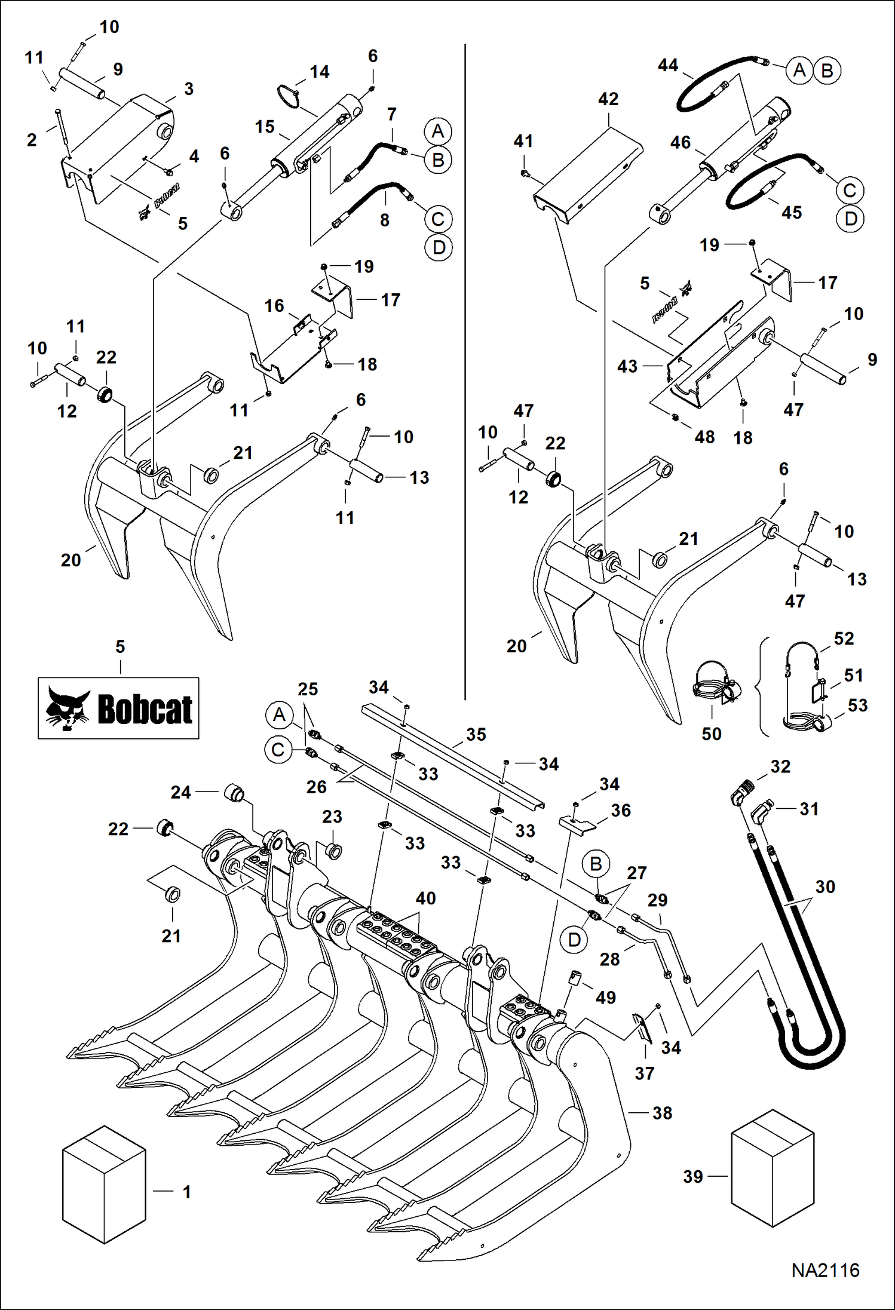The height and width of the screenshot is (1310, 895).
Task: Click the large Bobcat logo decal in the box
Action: [118, 708]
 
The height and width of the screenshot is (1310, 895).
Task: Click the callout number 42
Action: [608, 99]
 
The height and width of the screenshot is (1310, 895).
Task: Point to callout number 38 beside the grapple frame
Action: [662, 1112]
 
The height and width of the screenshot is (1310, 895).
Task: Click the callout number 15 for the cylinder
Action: [265, 127]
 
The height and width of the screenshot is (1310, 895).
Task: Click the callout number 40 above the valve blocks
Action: [425, 898]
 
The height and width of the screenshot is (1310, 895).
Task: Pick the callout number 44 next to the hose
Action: [667, 65]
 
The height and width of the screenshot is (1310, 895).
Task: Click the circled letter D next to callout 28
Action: [574, 940]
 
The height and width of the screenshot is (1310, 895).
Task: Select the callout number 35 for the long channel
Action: [476, 734]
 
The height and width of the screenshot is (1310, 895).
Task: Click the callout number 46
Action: [680, 142]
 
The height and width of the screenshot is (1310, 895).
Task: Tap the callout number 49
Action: [605, 997]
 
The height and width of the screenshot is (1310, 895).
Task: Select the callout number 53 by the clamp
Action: [857, 705]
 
